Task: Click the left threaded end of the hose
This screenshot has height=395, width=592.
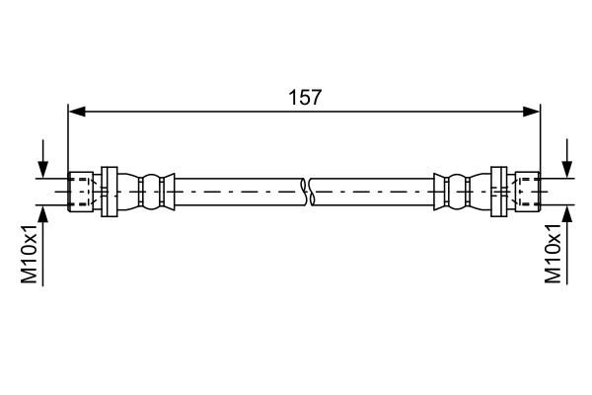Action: pyautogui.click(x=81, y=191)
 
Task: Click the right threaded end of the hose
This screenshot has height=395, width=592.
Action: pyautogui.click(x=528, y=191)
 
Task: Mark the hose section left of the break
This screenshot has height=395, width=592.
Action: pyautogui.click(x=237, y=191)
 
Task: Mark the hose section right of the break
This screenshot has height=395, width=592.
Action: pyautogui.click(x=370, y=191)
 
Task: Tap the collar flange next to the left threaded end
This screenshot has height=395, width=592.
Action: pyautogui.click(x=109, y=191)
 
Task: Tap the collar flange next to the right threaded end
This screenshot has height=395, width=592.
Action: pyautogui.click(x=500, y=191)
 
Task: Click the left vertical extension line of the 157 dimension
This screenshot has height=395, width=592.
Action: pyautogui.click(x=67, y=138)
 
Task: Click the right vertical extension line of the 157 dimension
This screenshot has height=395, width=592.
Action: pyautogui.click(x=542, y=138)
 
